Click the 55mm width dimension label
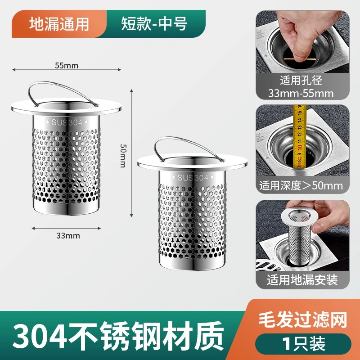[67, 66]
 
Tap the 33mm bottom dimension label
[68, 236]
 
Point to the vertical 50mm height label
[123, 156]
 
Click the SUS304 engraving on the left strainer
[67, 122]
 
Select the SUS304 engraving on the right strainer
[193, 177]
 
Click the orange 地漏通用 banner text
[59, 24]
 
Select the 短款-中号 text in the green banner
[154, 24]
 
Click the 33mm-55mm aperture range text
[301, 94]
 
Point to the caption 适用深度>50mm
[301, 185]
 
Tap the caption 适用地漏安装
[302, 280]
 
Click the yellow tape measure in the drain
[299, 138]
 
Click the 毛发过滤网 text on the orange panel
[302, 320]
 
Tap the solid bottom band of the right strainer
[193, 264]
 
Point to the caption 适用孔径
[301, 81]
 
